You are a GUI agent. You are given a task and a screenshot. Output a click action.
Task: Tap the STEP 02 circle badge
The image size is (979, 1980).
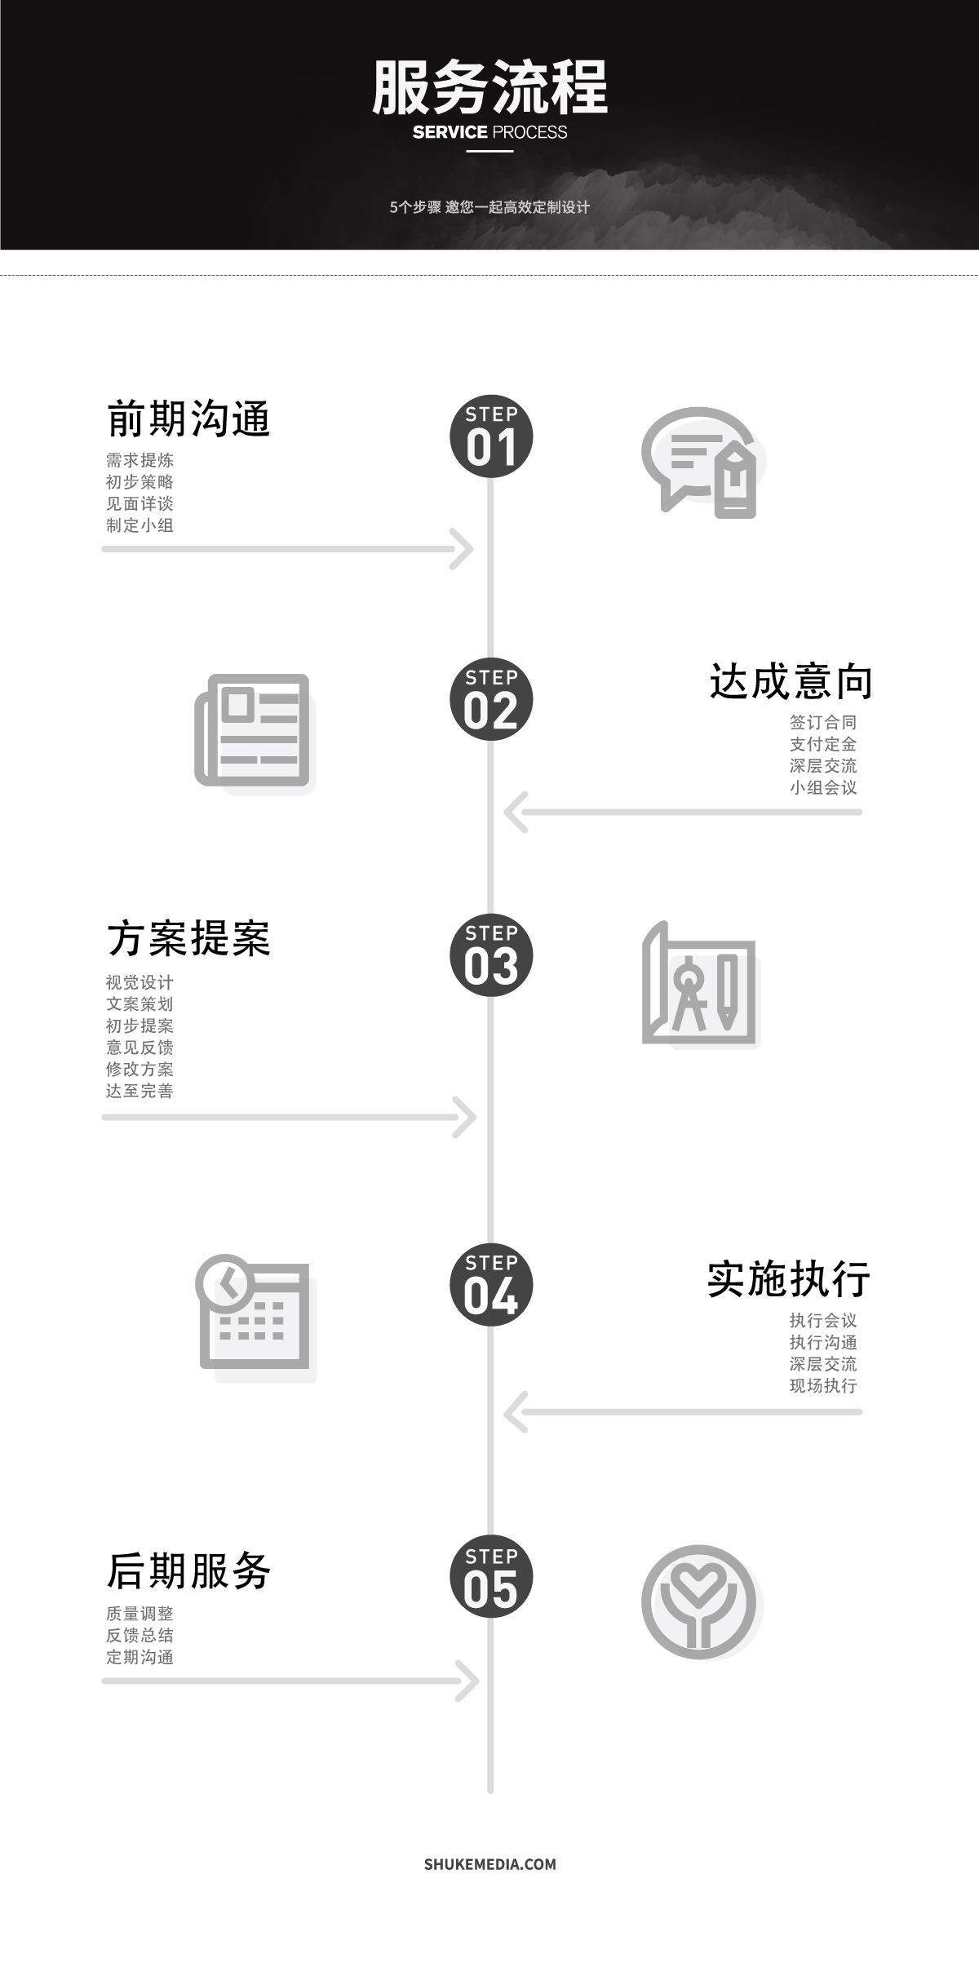[x=491, y=699]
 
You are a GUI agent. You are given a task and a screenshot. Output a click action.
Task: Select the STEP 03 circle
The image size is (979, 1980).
[x=491, y=955]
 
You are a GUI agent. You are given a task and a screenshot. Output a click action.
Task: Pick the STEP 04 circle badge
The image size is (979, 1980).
[x=491, y=1285]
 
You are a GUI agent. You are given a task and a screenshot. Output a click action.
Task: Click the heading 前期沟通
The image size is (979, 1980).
[x=188, y=419]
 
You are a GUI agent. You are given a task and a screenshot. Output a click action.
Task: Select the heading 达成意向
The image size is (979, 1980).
[x=791, y=682]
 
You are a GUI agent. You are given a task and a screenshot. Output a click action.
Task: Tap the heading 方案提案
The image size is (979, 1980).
[x=188, y=938]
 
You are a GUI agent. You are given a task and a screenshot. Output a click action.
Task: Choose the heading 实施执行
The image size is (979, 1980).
[x=789, y=1279]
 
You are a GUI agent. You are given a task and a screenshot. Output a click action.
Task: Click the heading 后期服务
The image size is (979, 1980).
[x=188, y=1571]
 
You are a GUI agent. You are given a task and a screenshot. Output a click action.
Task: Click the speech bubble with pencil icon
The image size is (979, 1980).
[x=700, y=463]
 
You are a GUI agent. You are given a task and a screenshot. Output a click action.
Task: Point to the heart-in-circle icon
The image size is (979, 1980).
[x=699, y=1601]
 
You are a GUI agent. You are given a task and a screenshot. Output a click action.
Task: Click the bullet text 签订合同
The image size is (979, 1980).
[x=823, y=723]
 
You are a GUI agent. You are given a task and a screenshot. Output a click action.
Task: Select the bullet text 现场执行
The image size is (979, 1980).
[x=823, y=1386]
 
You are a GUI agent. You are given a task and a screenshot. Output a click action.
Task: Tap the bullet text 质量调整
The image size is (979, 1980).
[x=140, y=1614]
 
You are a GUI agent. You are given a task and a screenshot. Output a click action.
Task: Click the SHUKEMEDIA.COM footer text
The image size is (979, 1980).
[x=489, y=1864]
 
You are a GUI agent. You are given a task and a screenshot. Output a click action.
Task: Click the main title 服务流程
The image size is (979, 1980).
[x=489, y=87]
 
